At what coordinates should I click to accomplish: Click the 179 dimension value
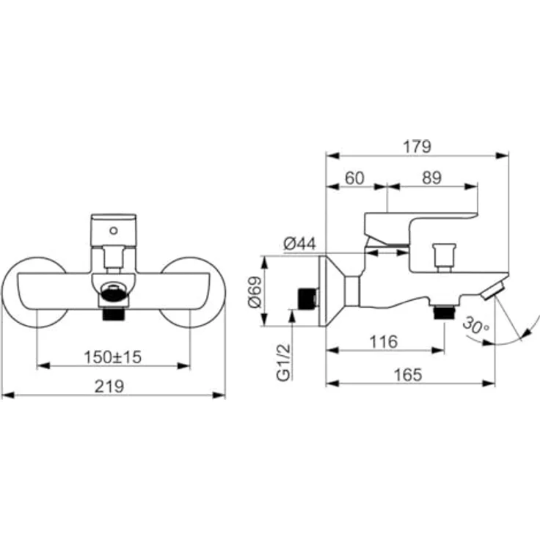[417, 146]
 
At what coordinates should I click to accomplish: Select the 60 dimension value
[355, 178]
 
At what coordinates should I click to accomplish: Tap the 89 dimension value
[432, 178]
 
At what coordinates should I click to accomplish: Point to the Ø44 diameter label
[299, 244]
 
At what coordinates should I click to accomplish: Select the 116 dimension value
[384, 341]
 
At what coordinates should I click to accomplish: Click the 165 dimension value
[409, 374]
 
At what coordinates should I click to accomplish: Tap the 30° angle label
[478, 324]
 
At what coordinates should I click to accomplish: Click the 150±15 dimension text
[112, 357]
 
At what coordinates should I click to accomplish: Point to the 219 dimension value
[112, 386]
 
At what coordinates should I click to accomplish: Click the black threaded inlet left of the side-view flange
[306, 298]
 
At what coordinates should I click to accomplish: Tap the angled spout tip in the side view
[497, 288]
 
